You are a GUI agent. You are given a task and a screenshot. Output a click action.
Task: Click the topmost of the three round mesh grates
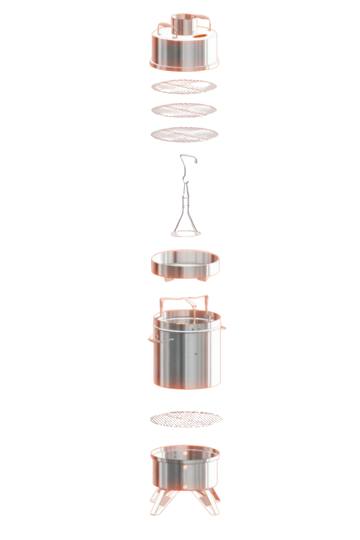184,86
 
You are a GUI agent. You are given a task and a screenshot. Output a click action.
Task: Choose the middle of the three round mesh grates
184,109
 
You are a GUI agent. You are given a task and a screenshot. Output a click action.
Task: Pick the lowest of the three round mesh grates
184,134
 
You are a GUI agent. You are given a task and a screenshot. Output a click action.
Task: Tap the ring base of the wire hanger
186,234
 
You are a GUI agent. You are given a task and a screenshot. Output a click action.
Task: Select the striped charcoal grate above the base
186,418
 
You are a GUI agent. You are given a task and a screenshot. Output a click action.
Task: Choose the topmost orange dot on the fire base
185,453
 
